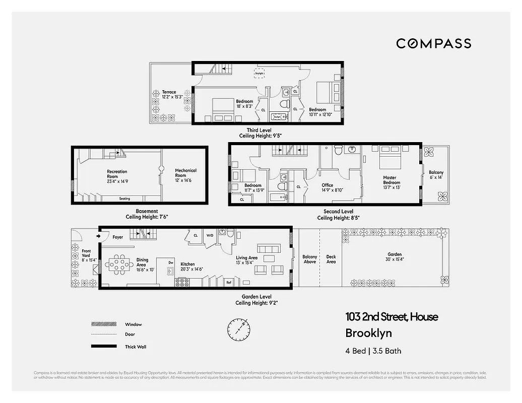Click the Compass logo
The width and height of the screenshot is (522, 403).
point(433,43)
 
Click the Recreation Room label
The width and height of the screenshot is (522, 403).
point(117,174)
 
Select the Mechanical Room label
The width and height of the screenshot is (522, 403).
point(185,173)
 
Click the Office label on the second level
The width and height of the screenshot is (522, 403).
point(328,187)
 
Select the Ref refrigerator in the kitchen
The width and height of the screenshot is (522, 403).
point(228,282)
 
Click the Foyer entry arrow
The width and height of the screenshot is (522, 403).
point(98,236)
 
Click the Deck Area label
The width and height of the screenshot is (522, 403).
point(331,259)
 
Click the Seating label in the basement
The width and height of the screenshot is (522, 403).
point(124,198)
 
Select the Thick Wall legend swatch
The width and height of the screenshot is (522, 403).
point(101,347)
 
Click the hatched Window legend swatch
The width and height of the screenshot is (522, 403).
point(101,324)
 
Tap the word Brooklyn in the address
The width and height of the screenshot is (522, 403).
point(368,333)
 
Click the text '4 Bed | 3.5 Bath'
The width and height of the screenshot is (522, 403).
point(373,351)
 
